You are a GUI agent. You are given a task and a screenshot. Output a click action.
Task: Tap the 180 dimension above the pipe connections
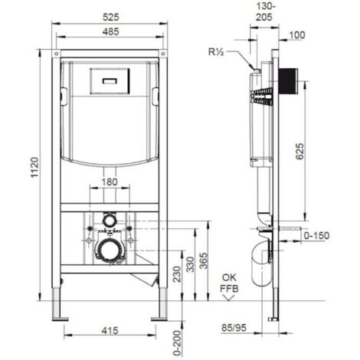click(109, 182)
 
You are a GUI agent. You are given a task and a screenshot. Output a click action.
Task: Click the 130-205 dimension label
click(263, 11)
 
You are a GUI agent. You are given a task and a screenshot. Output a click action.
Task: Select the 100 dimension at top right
click(299, 34)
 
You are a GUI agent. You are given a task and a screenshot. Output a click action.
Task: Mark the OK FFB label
click(227, 283)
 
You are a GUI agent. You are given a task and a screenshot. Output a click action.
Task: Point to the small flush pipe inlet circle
click(110, 221)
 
